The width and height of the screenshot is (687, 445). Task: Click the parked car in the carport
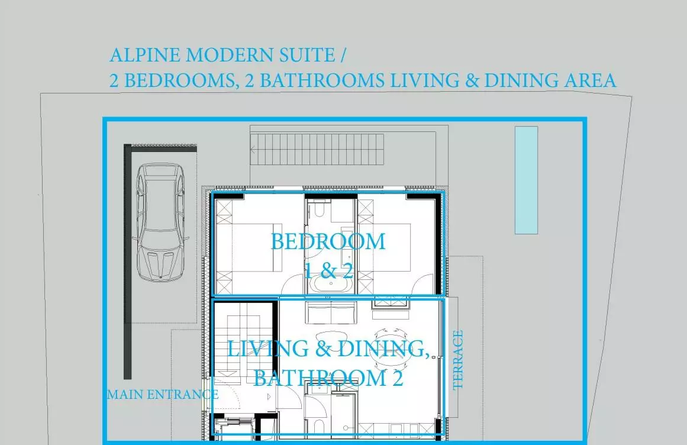[x=160, y=222]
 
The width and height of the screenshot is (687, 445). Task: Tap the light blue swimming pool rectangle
[x=526, y=180]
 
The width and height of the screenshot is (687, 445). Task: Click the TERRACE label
[x=457, y=360]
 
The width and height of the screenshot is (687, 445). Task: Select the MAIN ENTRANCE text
[x=163, y=395]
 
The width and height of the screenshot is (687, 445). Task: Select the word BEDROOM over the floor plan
[x=328, y=242]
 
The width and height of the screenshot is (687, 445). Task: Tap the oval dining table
[x=391, y=348]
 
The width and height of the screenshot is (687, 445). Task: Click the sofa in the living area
[x=331, y=312]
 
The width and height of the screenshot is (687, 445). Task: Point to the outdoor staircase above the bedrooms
[x=317, y=149]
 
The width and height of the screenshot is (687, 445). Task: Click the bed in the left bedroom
[x=249, y=247]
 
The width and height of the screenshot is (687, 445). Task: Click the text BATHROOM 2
[x=328, y=378]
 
